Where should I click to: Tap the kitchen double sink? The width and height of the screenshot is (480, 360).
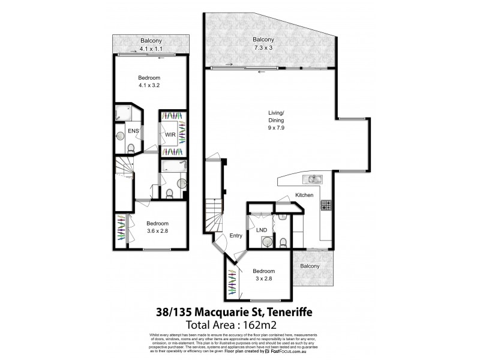[314, 179]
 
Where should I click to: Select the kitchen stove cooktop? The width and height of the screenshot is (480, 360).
[327, 206]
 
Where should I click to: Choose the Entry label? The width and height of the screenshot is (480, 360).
[235, 236]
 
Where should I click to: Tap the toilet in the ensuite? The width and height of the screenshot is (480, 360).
[131, 148]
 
